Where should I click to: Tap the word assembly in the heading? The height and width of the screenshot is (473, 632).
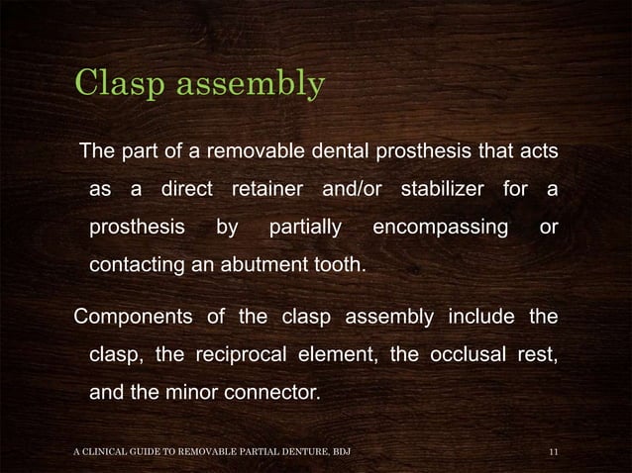pos(253,85)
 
